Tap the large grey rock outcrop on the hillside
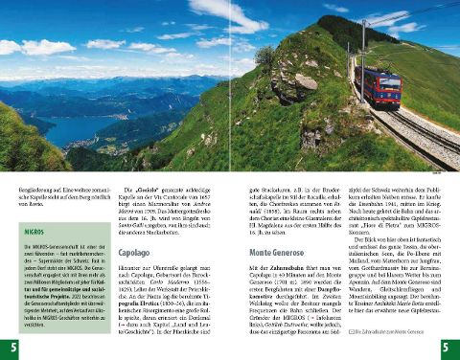tap(305, 80)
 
